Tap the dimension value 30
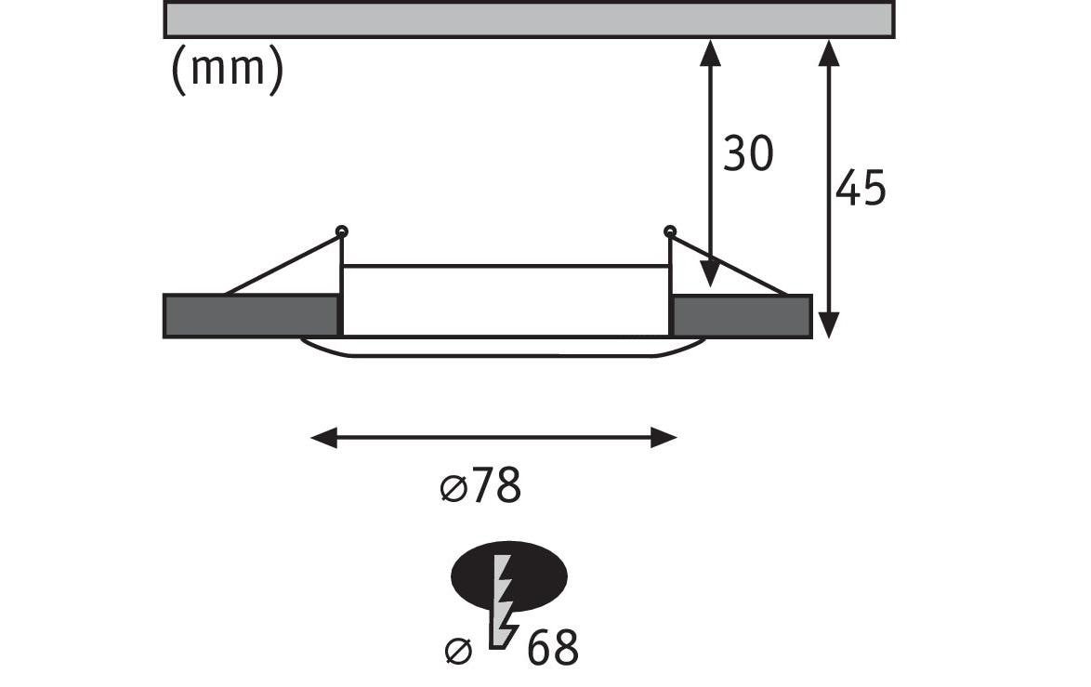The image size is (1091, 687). [748, 153]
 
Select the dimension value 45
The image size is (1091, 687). [860, 188]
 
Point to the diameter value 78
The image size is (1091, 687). [497, 485]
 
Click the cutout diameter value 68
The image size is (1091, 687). [553, 648]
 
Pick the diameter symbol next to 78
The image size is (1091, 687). [453, 488]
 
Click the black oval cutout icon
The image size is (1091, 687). [509, 575]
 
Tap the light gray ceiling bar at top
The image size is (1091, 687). [529, 20]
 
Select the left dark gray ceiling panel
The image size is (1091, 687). [251, 316]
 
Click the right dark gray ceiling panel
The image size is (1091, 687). [742, 317]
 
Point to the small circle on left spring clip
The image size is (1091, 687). [342, 231]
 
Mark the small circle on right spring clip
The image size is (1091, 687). [670, 231]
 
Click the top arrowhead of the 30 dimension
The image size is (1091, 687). [710, 53]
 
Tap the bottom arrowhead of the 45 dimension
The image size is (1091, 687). [828, 325]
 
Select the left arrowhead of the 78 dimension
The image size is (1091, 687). [323, 439]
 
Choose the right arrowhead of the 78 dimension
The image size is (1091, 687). [664, 439]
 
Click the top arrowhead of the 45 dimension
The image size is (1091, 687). [828, 53]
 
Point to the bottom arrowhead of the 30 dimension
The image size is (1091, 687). [710, 273]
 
